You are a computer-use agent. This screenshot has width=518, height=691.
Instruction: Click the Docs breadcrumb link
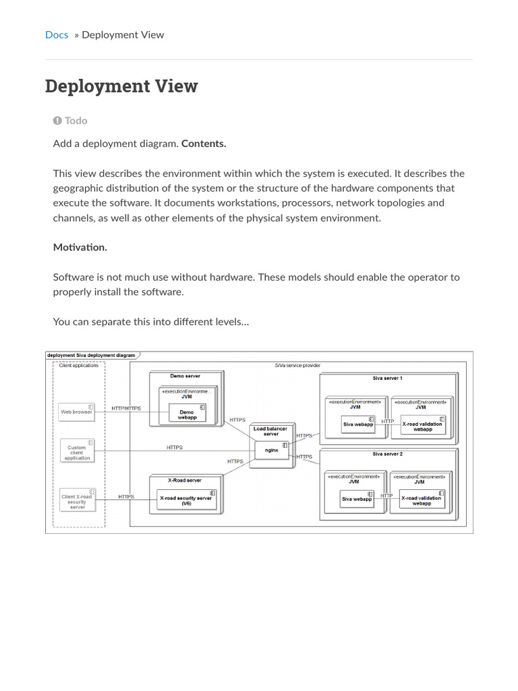57,34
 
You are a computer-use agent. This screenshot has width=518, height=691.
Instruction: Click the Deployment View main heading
121,86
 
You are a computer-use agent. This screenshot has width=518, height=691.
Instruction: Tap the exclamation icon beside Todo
57,120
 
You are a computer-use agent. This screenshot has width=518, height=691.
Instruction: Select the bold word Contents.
204,144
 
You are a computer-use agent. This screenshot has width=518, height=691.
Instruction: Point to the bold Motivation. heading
80,247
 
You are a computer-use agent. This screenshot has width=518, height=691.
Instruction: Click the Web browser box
76,411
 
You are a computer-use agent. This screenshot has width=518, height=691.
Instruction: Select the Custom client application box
77,452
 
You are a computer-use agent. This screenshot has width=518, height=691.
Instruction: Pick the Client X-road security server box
77,500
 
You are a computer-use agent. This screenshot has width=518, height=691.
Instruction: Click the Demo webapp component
187,414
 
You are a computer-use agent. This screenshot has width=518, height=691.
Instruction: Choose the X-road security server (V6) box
186,499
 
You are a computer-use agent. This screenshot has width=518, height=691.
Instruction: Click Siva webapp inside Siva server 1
357,424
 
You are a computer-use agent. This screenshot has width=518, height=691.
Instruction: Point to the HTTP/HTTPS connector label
126,408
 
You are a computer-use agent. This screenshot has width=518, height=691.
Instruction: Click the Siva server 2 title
387,454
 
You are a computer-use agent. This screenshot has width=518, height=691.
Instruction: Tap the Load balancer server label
270,431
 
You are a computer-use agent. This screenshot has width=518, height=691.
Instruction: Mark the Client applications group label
79,366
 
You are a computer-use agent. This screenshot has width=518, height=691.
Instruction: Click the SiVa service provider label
297,365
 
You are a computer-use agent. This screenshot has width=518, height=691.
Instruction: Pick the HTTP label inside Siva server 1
388,421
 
